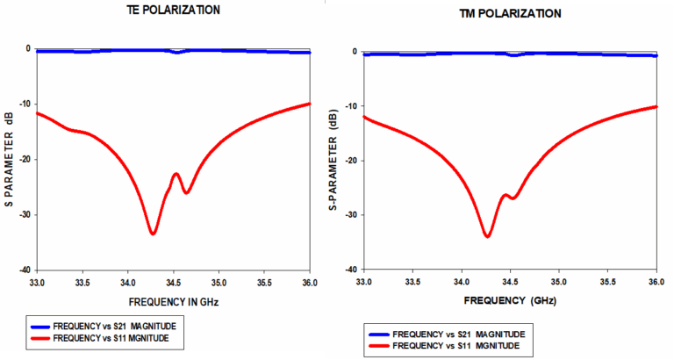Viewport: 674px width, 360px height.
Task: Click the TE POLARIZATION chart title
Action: [171, 11]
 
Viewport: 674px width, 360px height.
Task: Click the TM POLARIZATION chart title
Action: [510, 14]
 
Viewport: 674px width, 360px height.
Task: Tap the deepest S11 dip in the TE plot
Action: [153, 233]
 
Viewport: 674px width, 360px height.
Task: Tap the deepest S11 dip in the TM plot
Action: [487, 235]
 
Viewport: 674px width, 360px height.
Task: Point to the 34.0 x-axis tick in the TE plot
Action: [128, 284]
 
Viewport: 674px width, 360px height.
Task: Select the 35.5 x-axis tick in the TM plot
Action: [607, 282]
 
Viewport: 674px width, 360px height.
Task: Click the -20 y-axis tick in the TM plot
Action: [355, 161]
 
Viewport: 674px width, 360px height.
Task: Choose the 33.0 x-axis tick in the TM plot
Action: [364, 282]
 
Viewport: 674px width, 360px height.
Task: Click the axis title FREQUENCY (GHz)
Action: [509, 300]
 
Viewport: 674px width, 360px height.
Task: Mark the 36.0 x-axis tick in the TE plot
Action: [310, 284]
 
